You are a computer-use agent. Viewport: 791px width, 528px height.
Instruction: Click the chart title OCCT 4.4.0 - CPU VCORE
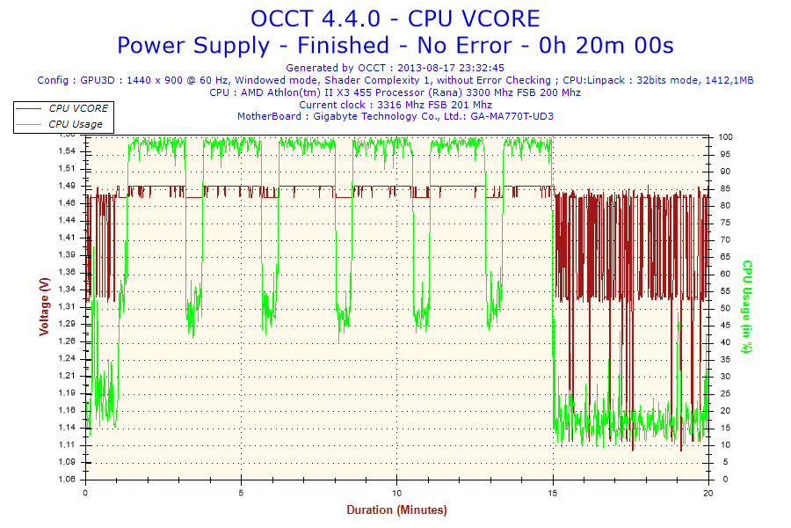pos(395,18)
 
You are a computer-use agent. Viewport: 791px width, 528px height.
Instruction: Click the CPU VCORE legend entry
pos(78,108)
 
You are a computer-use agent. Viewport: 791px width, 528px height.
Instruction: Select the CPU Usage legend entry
pos(75,124)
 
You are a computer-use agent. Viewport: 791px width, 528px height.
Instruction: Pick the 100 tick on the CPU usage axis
pos(726,137)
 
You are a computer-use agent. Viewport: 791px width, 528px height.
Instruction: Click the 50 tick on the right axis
pos(723,308)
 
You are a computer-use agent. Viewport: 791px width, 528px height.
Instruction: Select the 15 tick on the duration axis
pos(552,493)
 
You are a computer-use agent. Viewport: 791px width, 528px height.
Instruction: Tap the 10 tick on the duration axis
pos(397,493)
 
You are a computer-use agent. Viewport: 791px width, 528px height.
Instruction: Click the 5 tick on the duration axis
pos(242,493)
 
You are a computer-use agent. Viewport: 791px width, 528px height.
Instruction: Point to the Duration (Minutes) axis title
pos(396,510)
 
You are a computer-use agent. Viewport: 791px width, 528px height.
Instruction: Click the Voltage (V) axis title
pos(44,306)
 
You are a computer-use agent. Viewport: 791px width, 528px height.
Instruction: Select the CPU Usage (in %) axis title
pos(748,306)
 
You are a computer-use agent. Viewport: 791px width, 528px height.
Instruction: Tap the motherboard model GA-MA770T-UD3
pos(512,116)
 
